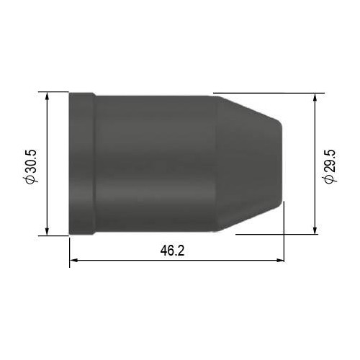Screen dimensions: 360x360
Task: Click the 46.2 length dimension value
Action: pyautogui.click(x=172, y=251)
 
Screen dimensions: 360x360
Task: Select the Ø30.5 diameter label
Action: pyautogui.click(x=31, y=166)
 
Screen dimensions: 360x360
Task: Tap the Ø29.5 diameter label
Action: pyautogui.click(x=330, y=166)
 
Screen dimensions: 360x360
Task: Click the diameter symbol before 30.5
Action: pyautogui.click(x=31, y=179)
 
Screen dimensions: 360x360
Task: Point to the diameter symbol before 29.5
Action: pyautogui.click(x=330, y=179)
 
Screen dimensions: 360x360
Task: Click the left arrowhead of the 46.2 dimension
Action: pyautogui.click(x=73, y=260)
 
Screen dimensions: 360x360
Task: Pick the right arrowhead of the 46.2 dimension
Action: pyautogui.click(x=280, y=260)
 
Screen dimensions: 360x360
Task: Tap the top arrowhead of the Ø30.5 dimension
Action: pyautogui.click(x=47, y=96)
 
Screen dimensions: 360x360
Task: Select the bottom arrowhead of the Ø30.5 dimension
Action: pyautogui.click(x=47, y=231)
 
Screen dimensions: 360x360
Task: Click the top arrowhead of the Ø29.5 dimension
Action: pyautogui.click(x=315, y=97)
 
